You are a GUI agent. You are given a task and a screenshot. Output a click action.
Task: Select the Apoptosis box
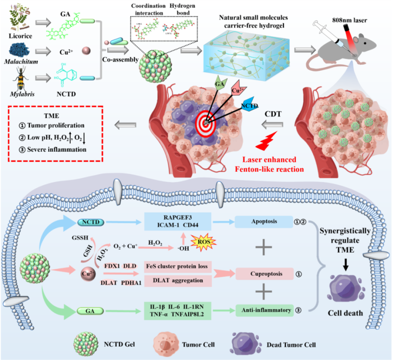(x=264, y=221)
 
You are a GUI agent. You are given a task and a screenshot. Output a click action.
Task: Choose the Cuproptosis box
(x=264, y=274)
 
